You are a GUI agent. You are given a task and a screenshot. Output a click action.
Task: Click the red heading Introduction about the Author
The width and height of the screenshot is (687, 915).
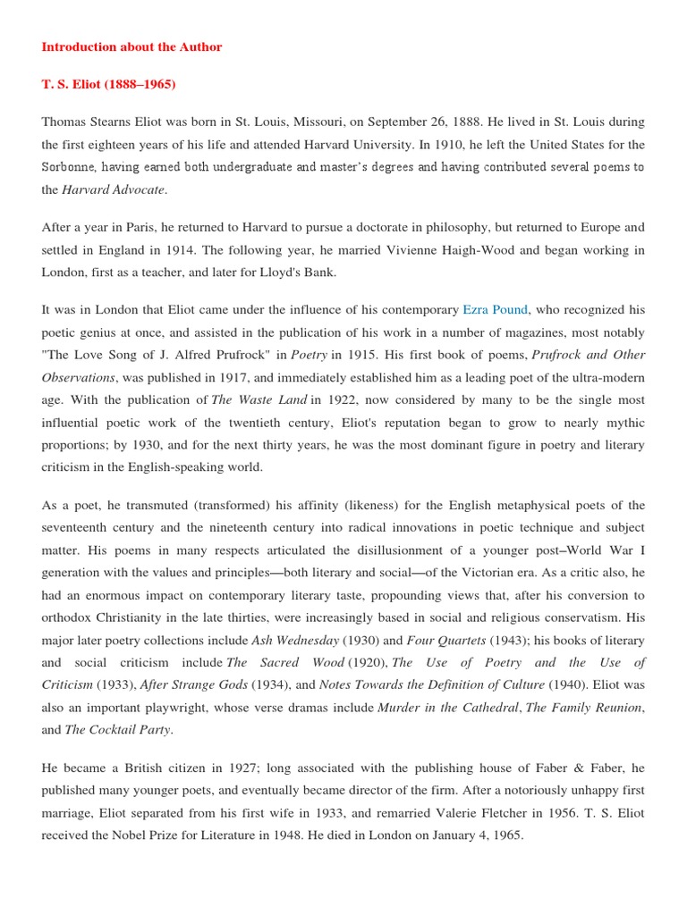point(131,47)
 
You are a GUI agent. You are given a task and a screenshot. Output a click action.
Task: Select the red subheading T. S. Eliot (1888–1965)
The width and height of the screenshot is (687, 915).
point(108,85)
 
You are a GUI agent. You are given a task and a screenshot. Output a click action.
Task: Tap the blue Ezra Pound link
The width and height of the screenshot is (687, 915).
point(496,310)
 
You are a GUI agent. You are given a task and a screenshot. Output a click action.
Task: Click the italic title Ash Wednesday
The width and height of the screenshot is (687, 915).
point(297,640)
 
